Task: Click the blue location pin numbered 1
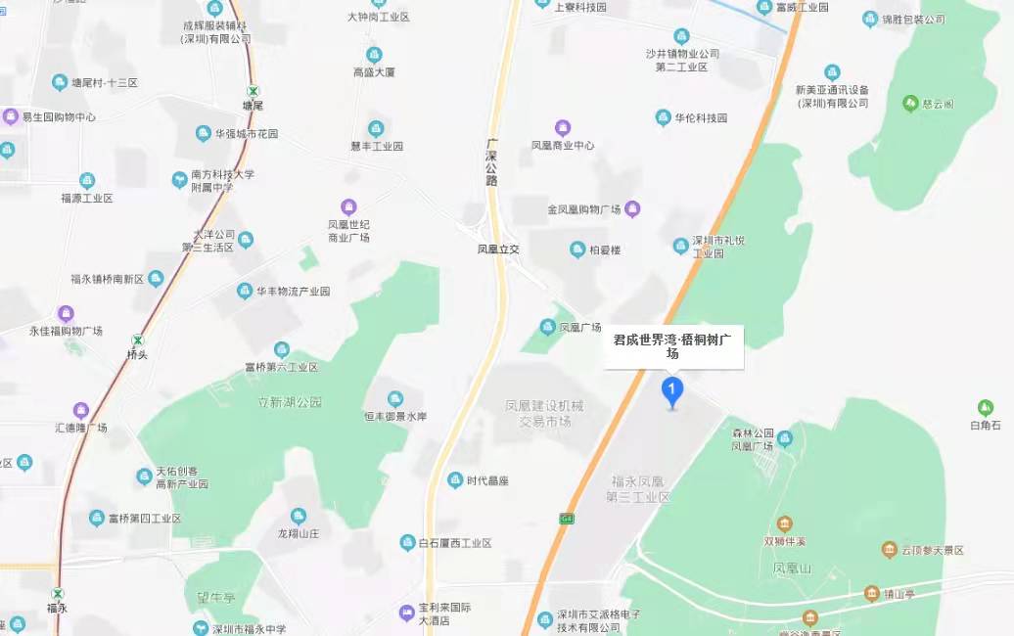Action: pos(672,390)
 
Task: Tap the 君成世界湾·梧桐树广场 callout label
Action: pos(673,346)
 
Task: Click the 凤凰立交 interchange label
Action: pos(498,250)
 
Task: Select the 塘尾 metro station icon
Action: pos(253,89)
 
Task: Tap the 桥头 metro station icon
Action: pos(138,340)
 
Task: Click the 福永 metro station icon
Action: pos(58,593)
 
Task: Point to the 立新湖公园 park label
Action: pos(289,402)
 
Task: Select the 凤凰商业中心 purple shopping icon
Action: pos(562,128)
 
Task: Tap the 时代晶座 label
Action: pos(487,480)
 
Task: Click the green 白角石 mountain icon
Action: pos(985,408)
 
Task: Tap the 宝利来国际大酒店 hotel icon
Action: pos(407,613)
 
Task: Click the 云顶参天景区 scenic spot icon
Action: pos(889,550)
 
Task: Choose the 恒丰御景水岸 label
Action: pos(395,417)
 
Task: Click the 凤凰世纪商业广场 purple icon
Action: pos(348,206)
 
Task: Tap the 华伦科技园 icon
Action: pos(664,117)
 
